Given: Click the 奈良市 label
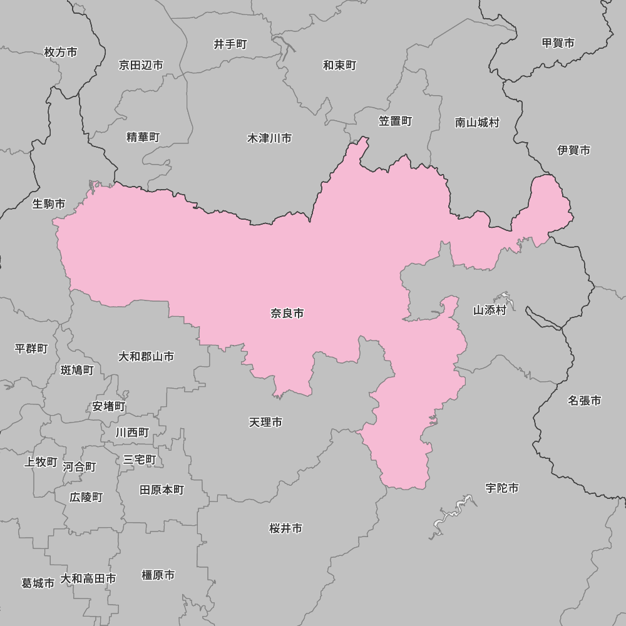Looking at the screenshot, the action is tap(287, 314).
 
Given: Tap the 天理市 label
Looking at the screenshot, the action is tap(265, 423).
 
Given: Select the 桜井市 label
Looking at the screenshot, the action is tap(286, 528).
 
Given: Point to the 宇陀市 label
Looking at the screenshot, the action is tap(502, 488).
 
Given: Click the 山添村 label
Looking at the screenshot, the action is tap(490, 310).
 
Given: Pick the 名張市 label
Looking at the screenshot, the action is tap(585, 400).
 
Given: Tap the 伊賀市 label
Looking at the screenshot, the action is tap(573, 150).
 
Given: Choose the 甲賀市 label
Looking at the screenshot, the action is tap(558, 43).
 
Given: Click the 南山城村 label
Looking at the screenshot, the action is tap(478, 123).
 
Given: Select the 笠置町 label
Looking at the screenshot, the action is tap(396, 121).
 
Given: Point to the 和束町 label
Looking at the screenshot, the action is tap(340, 65).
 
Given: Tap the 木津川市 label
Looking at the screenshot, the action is tap(269, 138).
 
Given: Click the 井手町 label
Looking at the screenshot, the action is tap(230, 44).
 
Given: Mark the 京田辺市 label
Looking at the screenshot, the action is tap(141, 65).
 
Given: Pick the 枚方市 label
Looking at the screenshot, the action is tap(61, 52).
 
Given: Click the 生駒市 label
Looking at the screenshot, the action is tap(49, 203).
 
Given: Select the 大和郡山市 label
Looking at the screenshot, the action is tap(146, 356).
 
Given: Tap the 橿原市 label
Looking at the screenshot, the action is tap(158, 575).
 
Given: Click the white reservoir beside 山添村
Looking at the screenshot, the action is tap(504, 299).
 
